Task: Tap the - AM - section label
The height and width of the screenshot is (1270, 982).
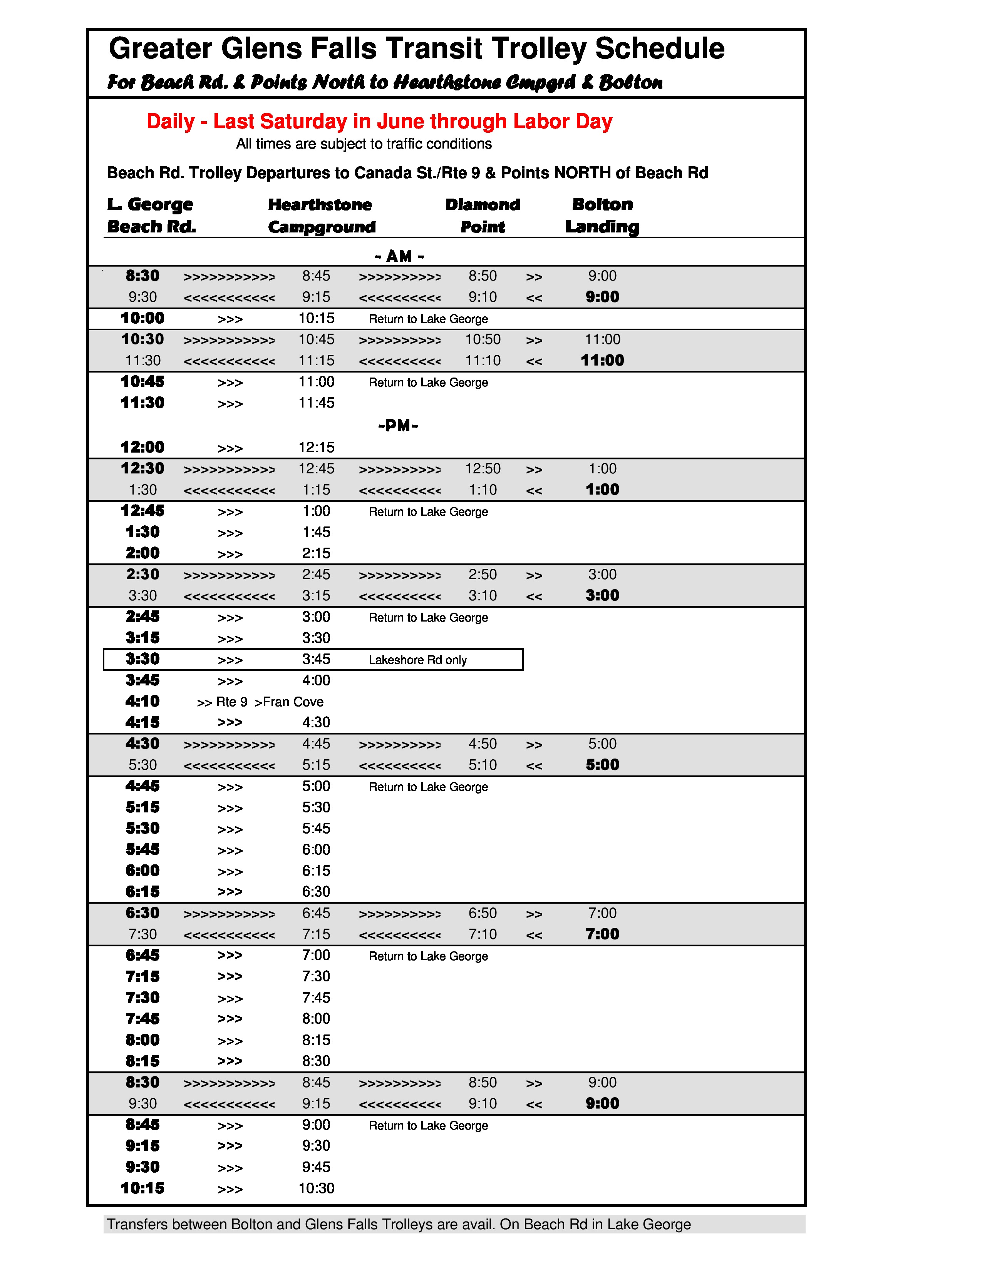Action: [x=399, y=256]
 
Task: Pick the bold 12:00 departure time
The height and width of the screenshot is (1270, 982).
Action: [x=142, y=447]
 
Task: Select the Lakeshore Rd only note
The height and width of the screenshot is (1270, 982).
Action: [x=418, y=660]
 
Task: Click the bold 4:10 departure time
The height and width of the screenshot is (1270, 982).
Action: [x=142, y=701]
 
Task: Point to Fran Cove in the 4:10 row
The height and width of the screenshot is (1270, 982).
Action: [x=293, y=702]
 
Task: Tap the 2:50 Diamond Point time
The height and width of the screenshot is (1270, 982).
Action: [x=482, y=575]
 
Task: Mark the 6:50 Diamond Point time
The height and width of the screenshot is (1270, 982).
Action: [x=482, y=913]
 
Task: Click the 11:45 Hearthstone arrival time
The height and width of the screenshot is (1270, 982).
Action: [x=317, y=403]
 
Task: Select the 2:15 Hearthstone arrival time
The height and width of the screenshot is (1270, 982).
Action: [x=317, y=553]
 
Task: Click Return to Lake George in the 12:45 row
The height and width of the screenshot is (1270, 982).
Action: [x=428, y=512]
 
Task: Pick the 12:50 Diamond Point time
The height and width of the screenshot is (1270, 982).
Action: [x=482, y=469]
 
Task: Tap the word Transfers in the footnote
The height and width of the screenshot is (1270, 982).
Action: [x=137, y=1225]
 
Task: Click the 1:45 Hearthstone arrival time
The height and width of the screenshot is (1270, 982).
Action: [x=317, y=532]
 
